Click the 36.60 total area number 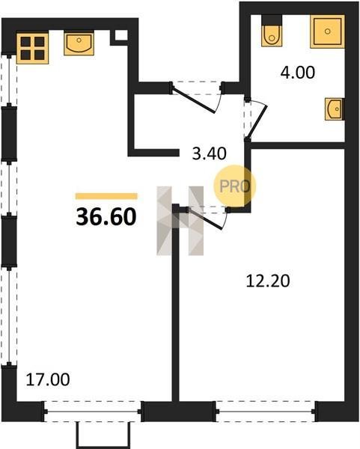pyautogui.click(x=106, y=217)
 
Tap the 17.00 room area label pyautogui.click(x=48, y=379)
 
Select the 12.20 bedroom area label pyautogui.click(x=268, y=281)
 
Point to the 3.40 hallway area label pyautogui.click(x=209, y=153)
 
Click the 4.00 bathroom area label pyautogui.click(x=298, y=73)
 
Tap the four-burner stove pyautogui.click(x=32, y=48)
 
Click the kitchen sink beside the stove pyautogui.click(x=79, y=43)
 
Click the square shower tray pyautogui.click(x=327, y=31)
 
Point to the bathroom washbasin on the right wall pyautogui.click(x=335, y=109)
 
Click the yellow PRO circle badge pyautogui.click(x=234, y=186)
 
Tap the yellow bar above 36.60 pyautogui.click(x=106, y=196)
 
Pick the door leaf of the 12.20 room pyautogui.click(x=205, y=219)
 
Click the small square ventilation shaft pyautogui.click(x=121, y=35)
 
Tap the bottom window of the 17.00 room pyautogui.click(x=93, y=412)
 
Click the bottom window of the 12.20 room pyautogui.click(x=265, y=412)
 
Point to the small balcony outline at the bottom pyautogui.click(x=103, y=435)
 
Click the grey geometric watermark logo pyautogui.click(x=180, y=221)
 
